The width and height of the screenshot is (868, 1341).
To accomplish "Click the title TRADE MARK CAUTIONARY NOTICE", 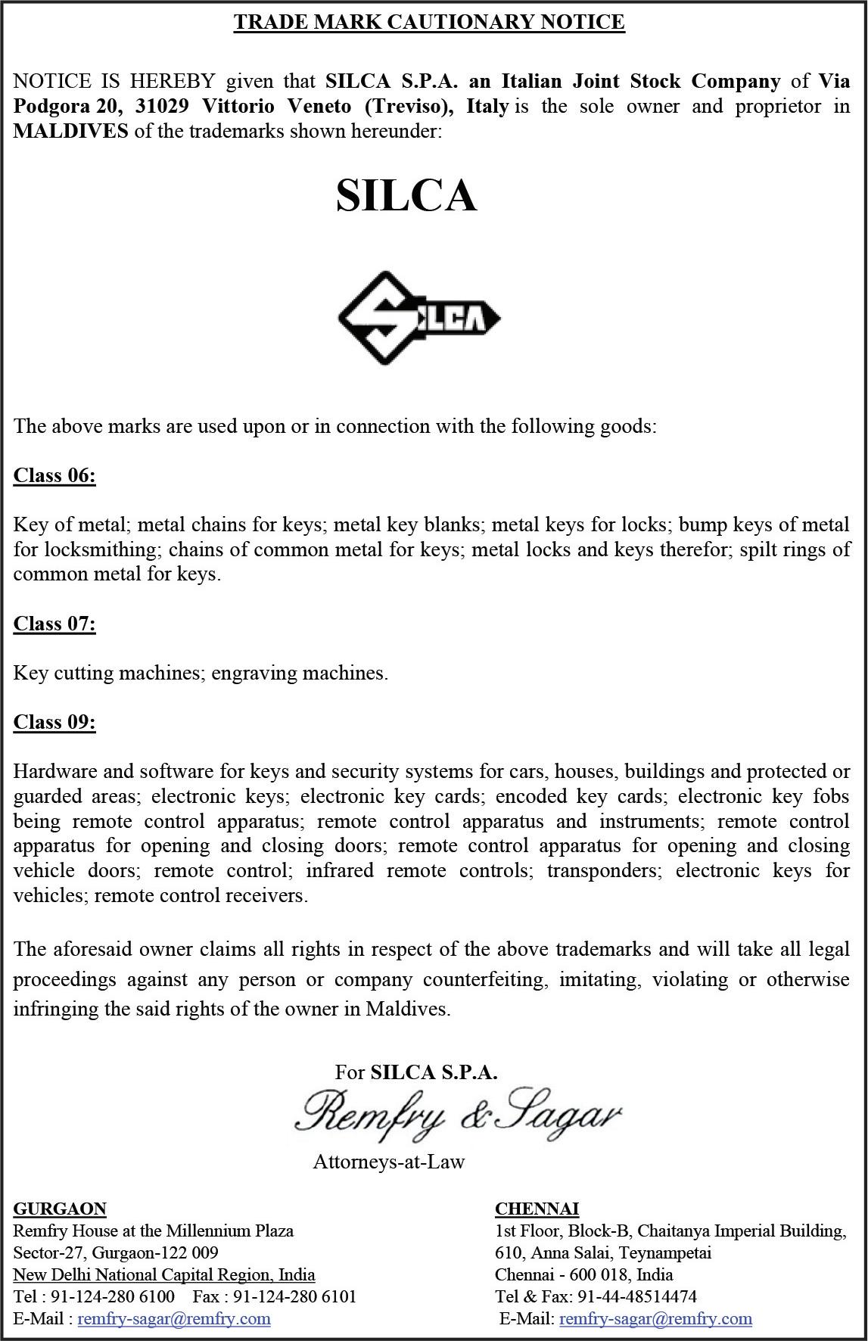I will tap(429, 22).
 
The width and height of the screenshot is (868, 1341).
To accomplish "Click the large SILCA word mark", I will tap(406, 195).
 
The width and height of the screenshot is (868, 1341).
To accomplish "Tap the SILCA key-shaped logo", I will tap(418, 318).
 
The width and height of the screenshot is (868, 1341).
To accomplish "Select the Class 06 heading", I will tap(54, 475).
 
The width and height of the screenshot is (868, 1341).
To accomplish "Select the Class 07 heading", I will tap(54, 624).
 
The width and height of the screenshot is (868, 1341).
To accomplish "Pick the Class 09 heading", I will tap(54, 722).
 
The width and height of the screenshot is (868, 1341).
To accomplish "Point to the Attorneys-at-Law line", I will tap(389, 1162).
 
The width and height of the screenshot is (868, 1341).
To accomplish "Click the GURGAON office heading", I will tap(60, 1209).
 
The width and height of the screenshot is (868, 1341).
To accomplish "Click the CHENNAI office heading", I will tap(537, 1209).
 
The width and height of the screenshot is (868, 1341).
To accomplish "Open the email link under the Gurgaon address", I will tap(174, 1319).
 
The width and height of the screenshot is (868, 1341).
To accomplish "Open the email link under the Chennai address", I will tap(655, 1319).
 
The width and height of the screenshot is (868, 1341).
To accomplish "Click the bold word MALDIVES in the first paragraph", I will tap(70, 131).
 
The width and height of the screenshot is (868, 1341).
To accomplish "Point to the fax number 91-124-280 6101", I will tap(294, 1296).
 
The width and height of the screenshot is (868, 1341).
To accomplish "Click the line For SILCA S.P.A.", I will tap(416, 1072).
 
